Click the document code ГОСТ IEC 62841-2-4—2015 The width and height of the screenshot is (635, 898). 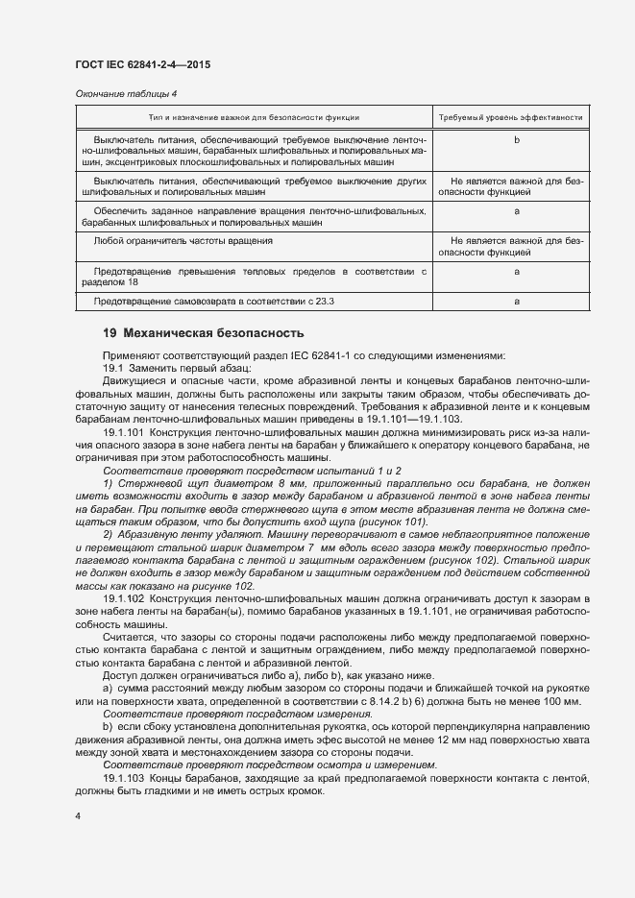coord(142,64)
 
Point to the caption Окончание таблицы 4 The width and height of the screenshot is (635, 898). coord(126,93)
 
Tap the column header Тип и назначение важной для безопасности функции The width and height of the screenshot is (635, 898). coord(254,117)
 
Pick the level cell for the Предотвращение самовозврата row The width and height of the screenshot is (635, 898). coord(517,302)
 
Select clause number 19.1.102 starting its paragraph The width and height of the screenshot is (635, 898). coord(124,598)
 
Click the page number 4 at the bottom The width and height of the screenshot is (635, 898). coord(78,816)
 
